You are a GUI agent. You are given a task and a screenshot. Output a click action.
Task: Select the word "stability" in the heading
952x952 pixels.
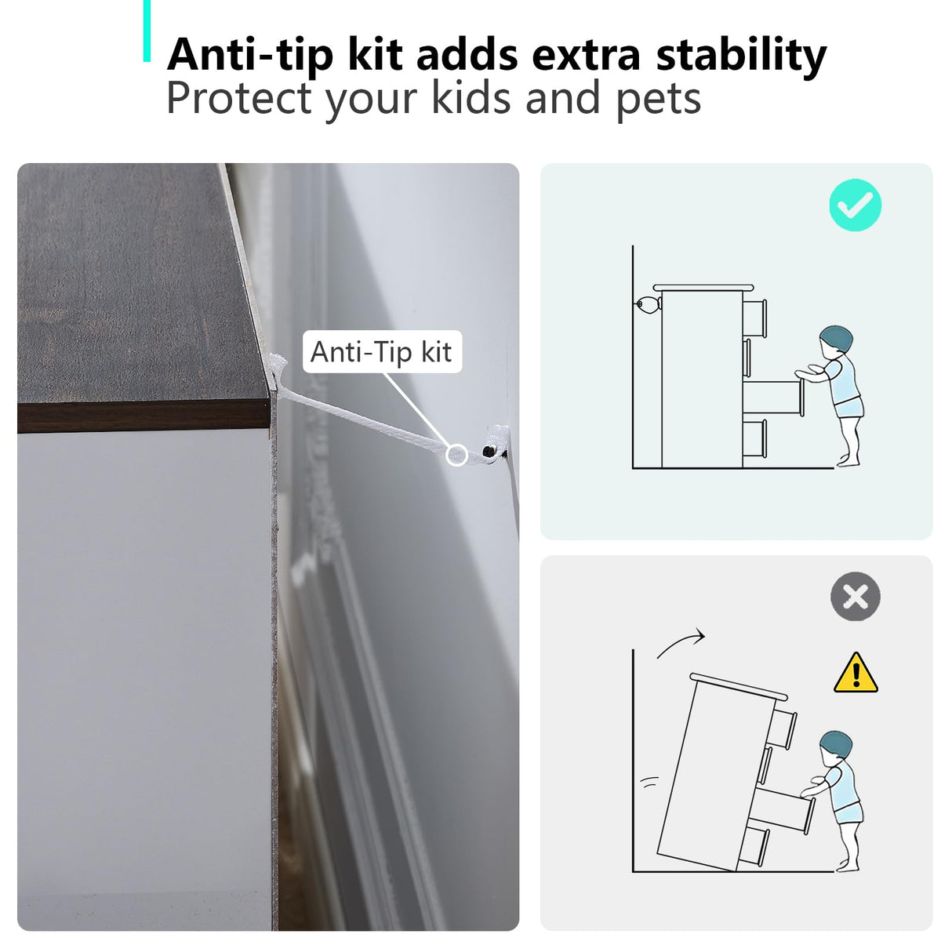coord(741,56)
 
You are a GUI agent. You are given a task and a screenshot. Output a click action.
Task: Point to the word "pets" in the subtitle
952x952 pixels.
coord(659,101)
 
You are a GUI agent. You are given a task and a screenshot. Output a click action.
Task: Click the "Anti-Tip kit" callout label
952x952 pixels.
coord(382,352)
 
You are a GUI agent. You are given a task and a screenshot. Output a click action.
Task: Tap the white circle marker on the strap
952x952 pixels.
coord(456,455)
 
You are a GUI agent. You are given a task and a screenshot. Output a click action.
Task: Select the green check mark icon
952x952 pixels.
coord(856,205)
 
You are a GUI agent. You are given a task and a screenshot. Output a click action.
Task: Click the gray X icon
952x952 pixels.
coord(856,597)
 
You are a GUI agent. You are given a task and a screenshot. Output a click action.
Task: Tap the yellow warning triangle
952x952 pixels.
coord(856,673)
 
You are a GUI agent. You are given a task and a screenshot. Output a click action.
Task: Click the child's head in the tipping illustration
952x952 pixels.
coord(836,745)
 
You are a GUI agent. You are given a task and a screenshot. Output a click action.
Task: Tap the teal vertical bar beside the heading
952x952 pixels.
coord(147,31)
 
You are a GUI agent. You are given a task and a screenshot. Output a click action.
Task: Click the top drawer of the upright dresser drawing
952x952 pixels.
coord(755,318)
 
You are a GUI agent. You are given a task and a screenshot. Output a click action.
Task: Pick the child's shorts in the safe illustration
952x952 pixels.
coord(848,408)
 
